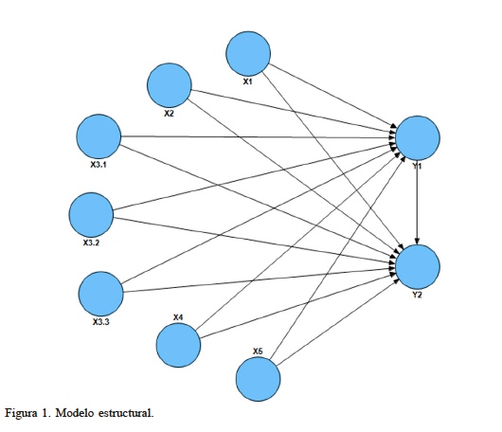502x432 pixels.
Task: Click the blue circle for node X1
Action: coord(248,53)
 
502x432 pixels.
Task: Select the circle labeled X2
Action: coord(170,87)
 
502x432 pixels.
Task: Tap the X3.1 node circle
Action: coord(99,137)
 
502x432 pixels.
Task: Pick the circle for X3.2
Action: coord(93,215)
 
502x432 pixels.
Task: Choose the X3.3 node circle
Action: coord(101,294)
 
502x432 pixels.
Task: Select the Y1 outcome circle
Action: coord(419,139)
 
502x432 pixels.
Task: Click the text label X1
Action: coord(248,82)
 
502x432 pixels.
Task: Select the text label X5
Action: coord(258,351)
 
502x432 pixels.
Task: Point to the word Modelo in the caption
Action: coord(84,413)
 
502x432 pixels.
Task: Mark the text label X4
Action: coord(178,316)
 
